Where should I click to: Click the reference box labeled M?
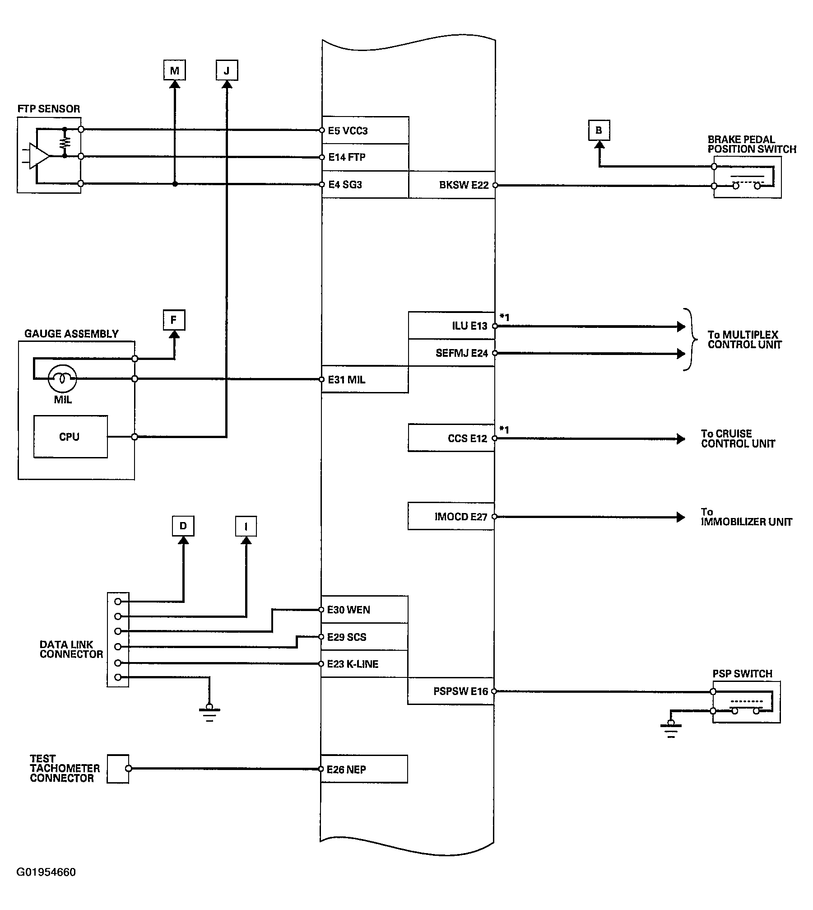coord(175,70)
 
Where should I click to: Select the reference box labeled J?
coord(227,70)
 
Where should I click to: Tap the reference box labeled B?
coord(599,131)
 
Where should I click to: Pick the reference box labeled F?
coord(174,320)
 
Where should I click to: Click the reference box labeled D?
coord(183,526)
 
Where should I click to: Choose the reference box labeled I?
coord(246,526)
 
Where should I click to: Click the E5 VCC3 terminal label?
coord(348,131)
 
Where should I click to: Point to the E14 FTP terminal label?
coord(347,157)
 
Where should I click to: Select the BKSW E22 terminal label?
coord(464,185)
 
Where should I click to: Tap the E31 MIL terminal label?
coord(346,380)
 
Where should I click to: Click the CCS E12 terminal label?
coord(467,439)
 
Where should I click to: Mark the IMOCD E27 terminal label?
coord(461,517)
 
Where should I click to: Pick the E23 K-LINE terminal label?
coord(353,664)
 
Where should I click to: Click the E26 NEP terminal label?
coord(346,770)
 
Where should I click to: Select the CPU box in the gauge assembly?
coord(70,437)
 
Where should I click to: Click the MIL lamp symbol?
coord(62,378)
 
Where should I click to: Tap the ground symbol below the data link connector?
coord(209,712)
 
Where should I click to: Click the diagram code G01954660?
coord(46,872)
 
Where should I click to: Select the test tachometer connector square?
coord(118,769)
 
